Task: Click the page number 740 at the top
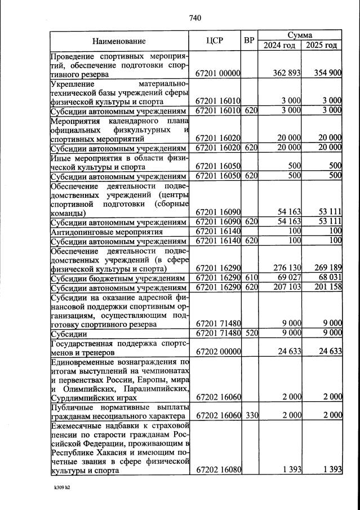tap(195, 18)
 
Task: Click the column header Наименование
tap(119, 41)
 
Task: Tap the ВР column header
tap(250, 41)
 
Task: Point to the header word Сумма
tap(301, 35)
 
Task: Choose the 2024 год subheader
tap(280, 46)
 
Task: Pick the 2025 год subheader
tap(321, 46)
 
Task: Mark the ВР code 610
tap(251, 278)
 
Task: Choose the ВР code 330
tap(251, 415)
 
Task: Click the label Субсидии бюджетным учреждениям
tap(118, 278)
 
